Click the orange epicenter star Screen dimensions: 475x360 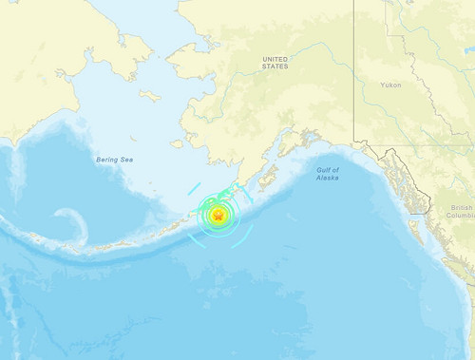(x=218, y=218)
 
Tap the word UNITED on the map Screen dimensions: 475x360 (x=275, y=59)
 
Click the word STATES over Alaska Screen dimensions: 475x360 (x=275, y=67)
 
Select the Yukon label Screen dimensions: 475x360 (x=389, y=85)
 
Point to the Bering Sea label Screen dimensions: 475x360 (x=114, y=160)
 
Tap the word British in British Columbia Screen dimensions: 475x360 (x=462, y=207)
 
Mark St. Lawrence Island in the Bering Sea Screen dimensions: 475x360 (x=150, y=95)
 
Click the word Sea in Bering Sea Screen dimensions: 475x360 (x=126, y=160)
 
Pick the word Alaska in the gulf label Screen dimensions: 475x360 (x=328, y=178)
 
